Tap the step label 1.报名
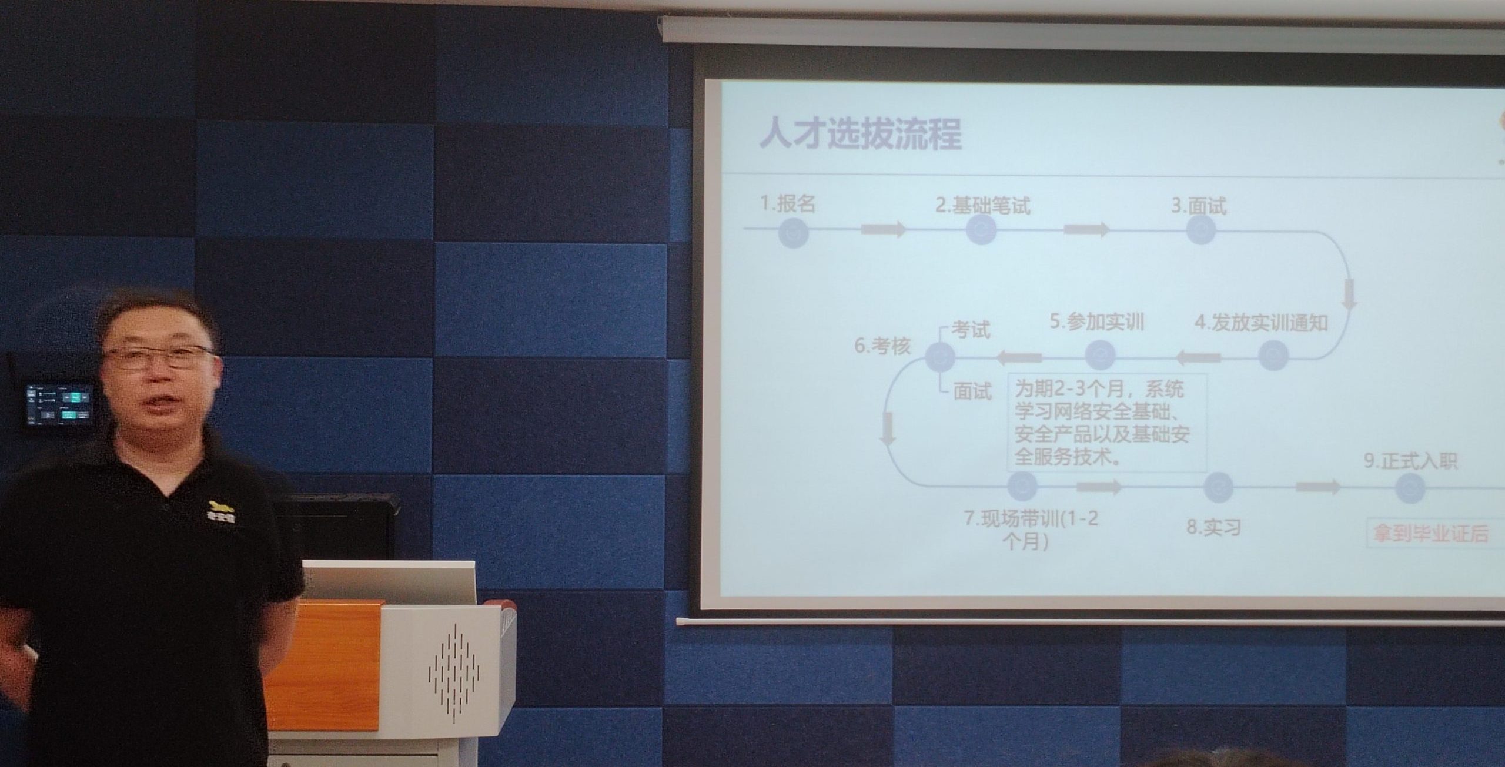[x=788, y=204]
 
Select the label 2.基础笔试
[x=982, y=205]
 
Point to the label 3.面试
[x=1199, y=206]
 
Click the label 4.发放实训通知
[x=1261, y=323]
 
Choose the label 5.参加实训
[x=1097, y=322]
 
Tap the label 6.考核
[x=882, y=346]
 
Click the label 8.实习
[x=1213, y=527]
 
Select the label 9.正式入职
[x=1410, y=461]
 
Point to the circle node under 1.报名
[x=794, y=232]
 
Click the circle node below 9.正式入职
[x=1410, y=488]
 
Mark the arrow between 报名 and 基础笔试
[x=884, y=229]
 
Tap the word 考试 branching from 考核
[x=971, y=330]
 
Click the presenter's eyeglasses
[x=158, y=357]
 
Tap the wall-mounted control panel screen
[x=59, y=404]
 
